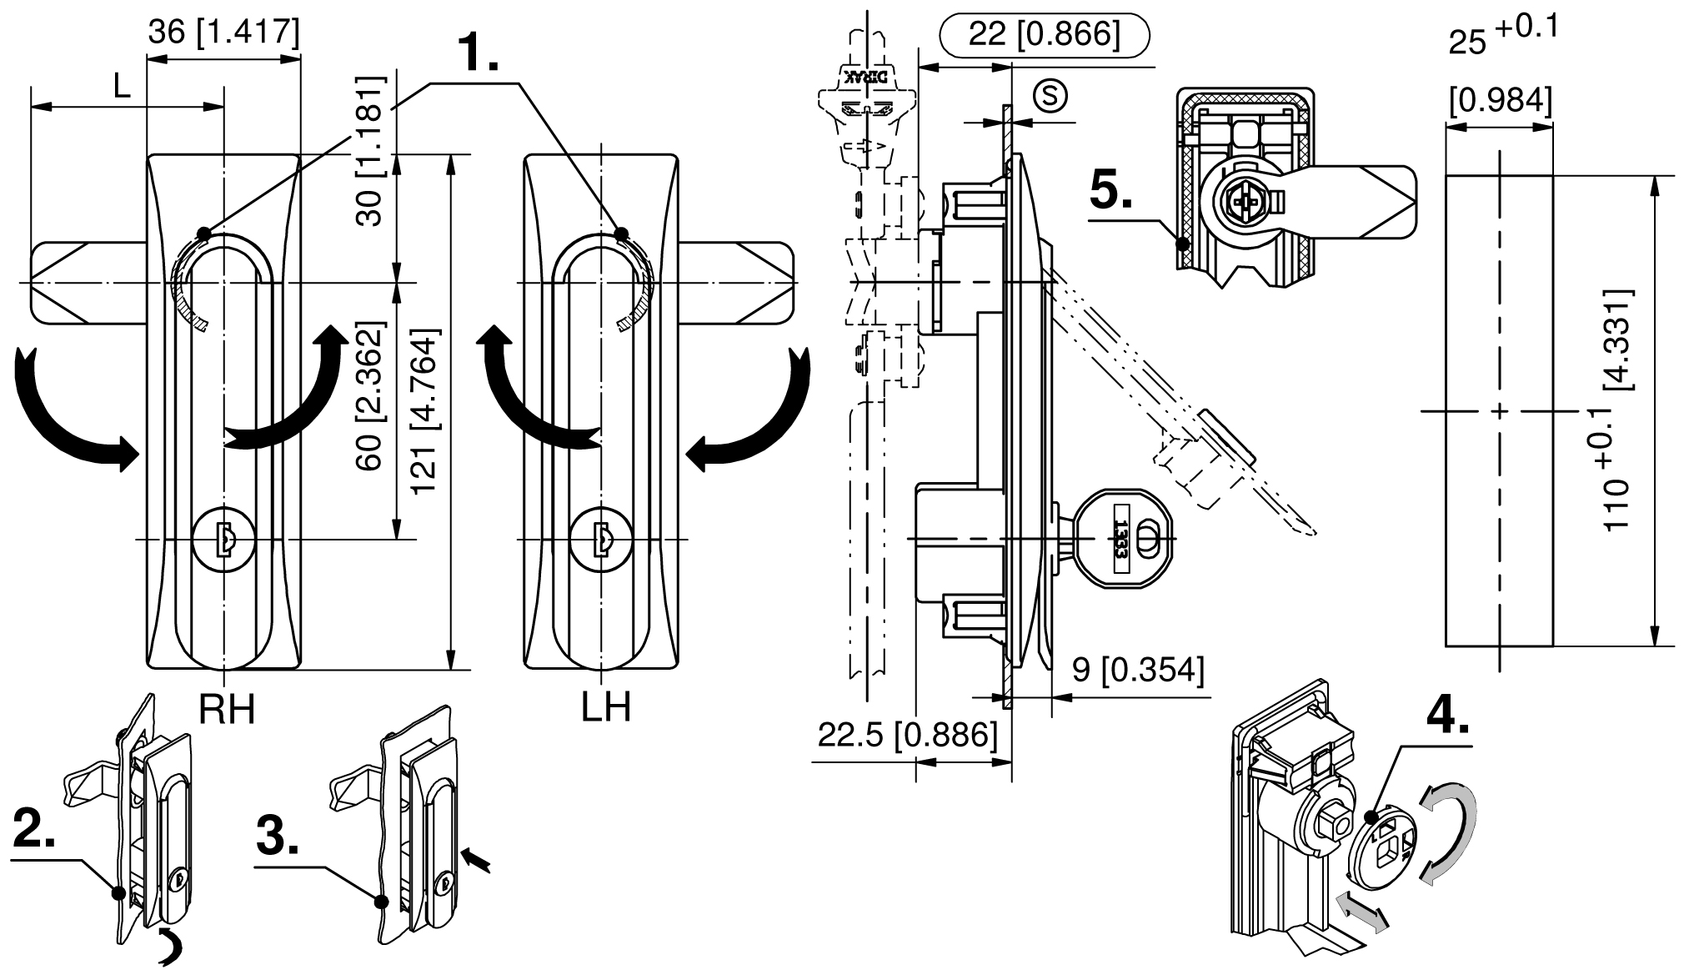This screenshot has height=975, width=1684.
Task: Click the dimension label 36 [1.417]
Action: [223, 33]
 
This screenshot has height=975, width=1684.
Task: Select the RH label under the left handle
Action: [227, 709]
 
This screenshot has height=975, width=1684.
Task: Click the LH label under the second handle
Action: [606, 709]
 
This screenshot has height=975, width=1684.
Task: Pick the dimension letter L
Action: [122, 87]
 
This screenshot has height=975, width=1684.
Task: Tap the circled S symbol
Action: [1050, 95]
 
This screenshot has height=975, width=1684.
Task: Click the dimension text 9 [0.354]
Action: [1137, 671]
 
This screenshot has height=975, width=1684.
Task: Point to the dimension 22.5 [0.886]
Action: [907, 735]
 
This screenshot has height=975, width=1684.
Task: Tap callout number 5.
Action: [1110, 192]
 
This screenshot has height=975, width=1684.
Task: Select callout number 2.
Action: [35, 829]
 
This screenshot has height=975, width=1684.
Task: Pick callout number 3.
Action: [277, 837]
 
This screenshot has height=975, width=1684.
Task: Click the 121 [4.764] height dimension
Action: [425, 412]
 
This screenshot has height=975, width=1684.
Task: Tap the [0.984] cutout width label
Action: [1501, 101]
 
